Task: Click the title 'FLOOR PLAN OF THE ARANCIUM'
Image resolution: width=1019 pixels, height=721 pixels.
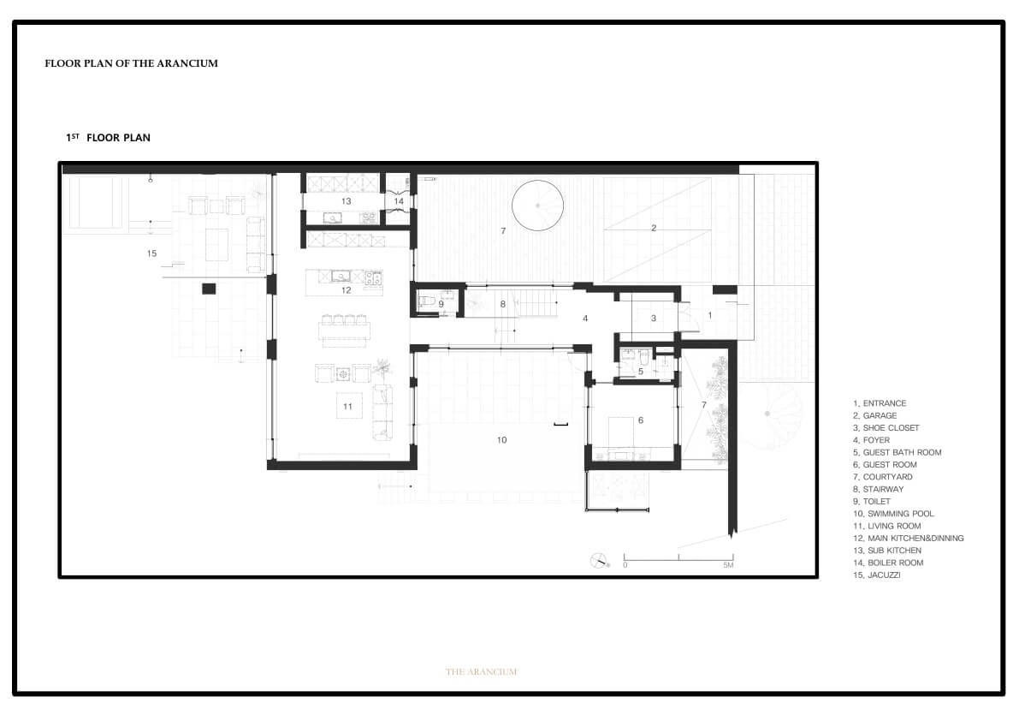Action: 131,63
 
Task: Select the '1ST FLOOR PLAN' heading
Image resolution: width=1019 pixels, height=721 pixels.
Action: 108,137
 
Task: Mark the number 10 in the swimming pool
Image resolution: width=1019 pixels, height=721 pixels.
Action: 501,440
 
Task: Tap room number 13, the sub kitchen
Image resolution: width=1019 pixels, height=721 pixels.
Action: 347,201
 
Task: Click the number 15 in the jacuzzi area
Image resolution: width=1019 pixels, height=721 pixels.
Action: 151,253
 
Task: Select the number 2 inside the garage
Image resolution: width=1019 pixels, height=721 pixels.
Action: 654,228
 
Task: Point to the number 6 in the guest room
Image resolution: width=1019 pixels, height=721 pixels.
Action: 641,420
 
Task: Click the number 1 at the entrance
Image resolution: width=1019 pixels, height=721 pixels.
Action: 709,315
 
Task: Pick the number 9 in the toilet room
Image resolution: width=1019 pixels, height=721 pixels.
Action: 441,304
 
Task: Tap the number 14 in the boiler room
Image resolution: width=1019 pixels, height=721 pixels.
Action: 399,201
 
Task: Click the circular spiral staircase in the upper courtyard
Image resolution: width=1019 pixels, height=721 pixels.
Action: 537,206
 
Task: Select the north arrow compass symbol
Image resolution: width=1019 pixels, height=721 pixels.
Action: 599,560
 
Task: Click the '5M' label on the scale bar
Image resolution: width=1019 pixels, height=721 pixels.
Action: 728,566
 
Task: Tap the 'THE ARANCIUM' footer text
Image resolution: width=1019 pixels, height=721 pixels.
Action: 482,671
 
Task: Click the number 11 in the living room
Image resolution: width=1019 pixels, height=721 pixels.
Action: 347,407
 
